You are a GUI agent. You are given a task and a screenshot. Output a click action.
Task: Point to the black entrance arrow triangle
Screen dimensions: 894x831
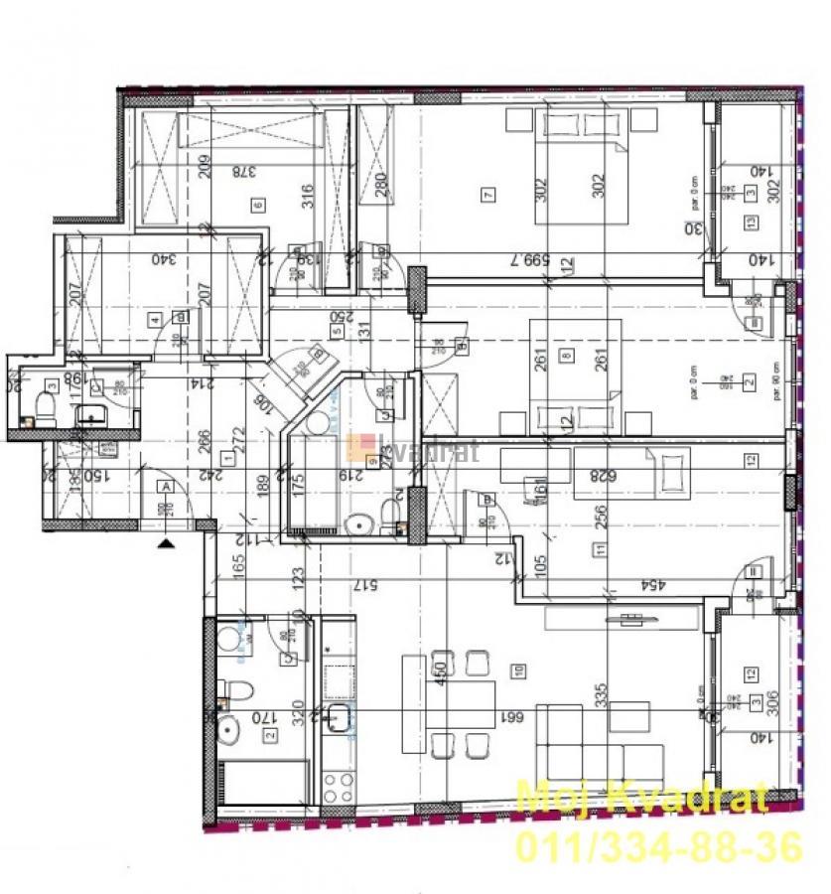[165, 542]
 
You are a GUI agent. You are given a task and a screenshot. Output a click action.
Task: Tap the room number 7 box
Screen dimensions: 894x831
[486, 195]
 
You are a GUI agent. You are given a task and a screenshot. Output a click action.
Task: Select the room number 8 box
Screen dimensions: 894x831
[566, 355]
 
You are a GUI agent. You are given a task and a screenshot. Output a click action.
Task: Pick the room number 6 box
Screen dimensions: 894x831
[258, 206]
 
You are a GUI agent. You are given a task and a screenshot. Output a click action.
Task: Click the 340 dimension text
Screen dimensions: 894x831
[163, 259]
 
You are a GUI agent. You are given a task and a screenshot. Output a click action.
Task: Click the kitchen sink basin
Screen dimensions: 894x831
[338, 722]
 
